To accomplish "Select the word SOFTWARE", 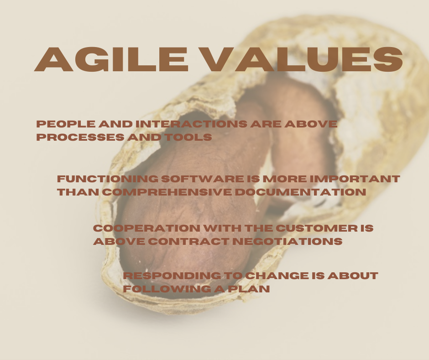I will (x=185, y=179).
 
